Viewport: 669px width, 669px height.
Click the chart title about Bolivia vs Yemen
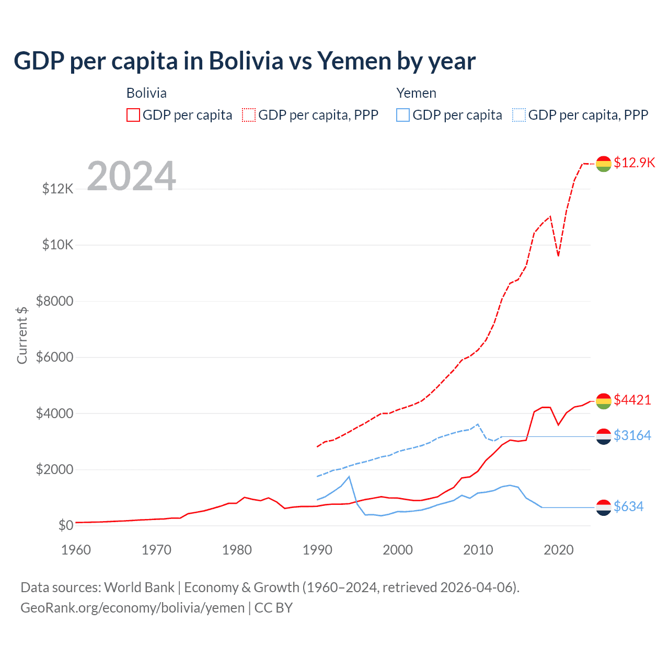(x=245, y=61)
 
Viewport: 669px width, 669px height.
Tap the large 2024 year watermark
(x=131, y=176)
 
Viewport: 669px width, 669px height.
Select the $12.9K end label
(x=634, y=163)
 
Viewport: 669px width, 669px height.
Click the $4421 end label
(x=632, y=400)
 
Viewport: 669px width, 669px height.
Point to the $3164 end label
(x=632, y=435)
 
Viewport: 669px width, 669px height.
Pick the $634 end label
(x=628, y=506)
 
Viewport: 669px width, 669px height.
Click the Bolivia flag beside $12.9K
(x=604, y=164)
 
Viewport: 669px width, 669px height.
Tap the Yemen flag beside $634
(x=604, y=507)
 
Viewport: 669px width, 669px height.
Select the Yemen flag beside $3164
(x=604, y=436)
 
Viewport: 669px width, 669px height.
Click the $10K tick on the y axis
(x=58, y=245)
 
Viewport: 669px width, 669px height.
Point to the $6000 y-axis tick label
(x=55, y=357)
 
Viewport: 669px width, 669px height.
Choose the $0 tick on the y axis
(x=66, y=525)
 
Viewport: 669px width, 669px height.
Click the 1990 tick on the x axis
(x=317, y=550)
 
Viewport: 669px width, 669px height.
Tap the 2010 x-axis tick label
(x=478, y=550)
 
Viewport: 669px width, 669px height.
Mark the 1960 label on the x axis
(x=76, y=550)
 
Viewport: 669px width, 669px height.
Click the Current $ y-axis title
(x=22, y=335)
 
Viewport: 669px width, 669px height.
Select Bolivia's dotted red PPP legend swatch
(x=249, y=115)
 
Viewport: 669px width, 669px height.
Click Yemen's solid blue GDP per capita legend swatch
(x=403, y=115)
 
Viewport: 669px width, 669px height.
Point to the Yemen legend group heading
(x=416, y=93)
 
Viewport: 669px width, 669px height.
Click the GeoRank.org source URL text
(x=133, y=608)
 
